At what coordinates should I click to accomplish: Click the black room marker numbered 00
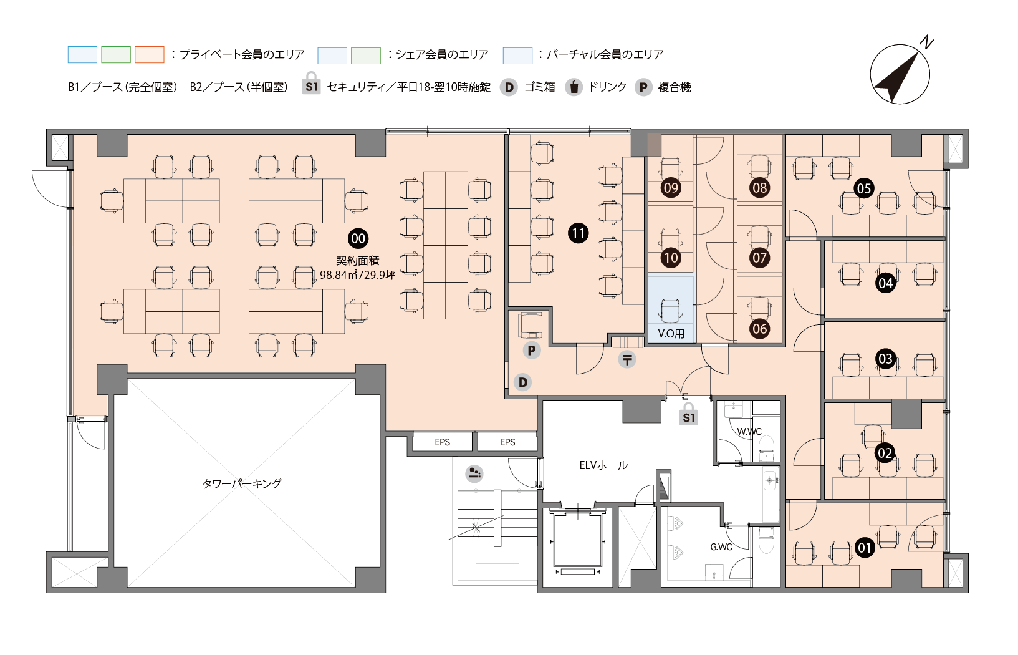358,238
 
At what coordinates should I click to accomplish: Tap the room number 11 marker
578,233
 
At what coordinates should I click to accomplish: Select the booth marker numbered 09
671,188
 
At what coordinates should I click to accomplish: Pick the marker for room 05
864,188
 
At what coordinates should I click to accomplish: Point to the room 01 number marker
865,547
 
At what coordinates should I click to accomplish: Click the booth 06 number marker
759,329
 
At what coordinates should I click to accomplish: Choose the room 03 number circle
885,359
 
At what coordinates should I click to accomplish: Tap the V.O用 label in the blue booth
671,334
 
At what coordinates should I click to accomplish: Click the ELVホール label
603,465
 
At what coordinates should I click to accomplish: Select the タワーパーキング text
242,483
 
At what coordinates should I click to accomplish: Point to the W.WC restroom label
749,431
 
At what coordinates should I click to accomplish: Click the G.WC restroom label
721,546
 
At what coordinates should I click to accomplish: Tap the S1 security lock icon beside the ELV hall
688,414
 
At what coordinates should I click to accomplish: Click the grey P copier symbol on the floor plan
531,350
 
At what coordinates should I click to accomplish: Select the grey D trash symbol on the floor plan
522,382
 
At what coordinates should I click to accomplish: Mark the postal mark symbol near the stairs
627,360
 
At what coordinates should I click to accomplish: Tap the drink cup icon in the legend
574,87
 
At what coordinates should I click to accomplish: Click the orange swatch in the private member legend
150,55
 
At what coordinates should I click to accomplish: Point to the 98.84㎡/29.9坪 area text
358,274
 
